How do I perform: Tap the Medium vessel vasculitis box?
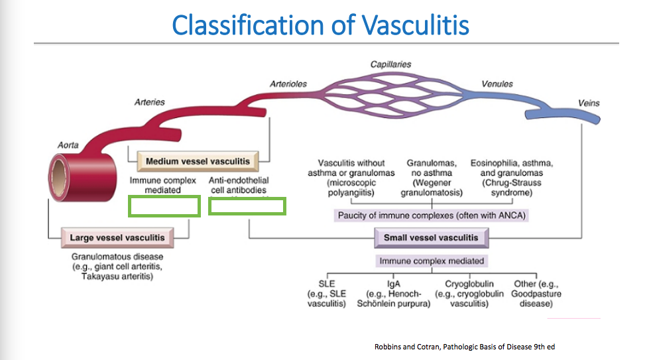(198, 161)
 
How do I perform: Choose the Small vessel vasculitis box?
(432, 237)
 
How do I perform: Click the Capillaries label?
(390, 64)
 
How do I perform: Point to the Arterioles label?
(288, 84)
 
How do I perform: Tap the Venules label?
(497, 84)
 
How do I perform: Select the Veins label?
(589, 103)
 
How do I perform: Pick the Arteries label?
(149, 102)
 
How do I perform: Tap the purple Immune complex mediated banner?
(432, 261)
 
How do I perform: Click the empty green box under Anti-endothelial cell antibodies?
(247, 206)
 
